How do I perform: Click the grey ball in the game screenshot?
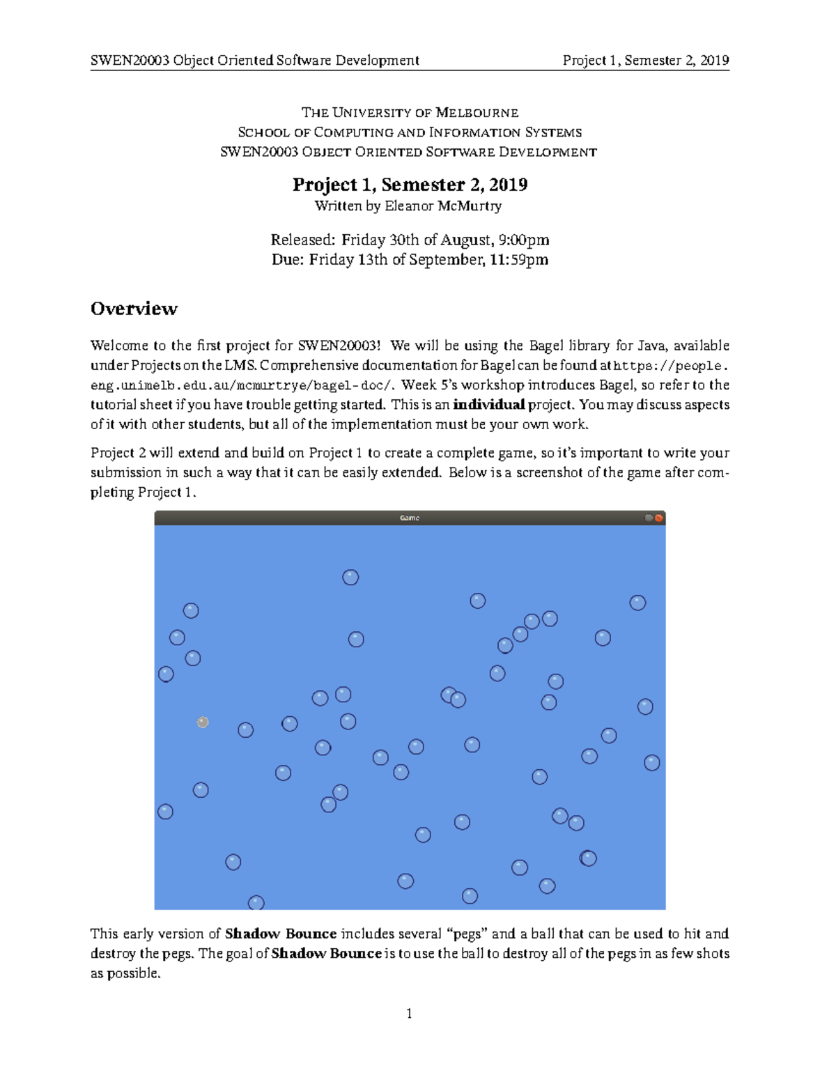pyautogui.click(x=203, y=722)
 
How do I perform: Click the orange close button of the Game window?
pyautogui.click(x=659, y=518)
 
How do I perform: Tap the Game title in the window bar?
pyautogui.click(x=410, y=518)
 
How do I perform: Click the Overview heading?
pyautogui.click(x=134, y=309)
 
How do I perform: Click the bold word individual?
pyautogui.click(x=488, y=405)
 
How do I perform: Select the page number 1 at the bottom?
pyautogui.click(x=409, y=1014)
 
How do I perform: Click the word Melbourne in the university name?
pyautogui.click(x=477, y=113)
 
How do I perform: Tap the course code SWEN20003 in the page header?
pyautogui.click(x=130, y=61)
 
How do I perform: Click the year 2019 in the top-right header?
pyautogui.click(x=714, y=61)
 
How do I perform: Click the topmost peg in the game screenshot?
pyautogui.click(x=350, y=578)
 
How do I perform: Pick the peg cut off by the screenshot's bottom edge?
pyautogui.click(x=256, y=903)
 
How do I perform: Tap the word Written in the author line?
pyautogui.click(x=338, y=206)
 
